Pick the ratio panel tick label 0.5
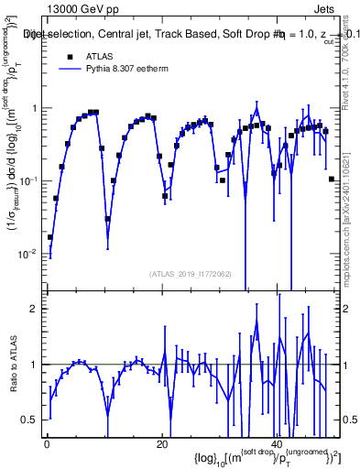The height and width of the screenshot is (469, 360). pyautogui.click(x=32, y=420)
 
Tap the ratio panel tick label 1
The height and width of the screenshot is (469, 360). pyautogui.click(x=37, y=365)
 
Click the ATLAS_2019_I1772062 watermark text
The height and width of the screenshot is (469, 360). pyautogui.click(x=190, y=274)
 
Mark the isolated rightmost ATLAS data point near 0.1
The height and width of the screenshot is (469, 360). pyautogui.click(x=331, y=180)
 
